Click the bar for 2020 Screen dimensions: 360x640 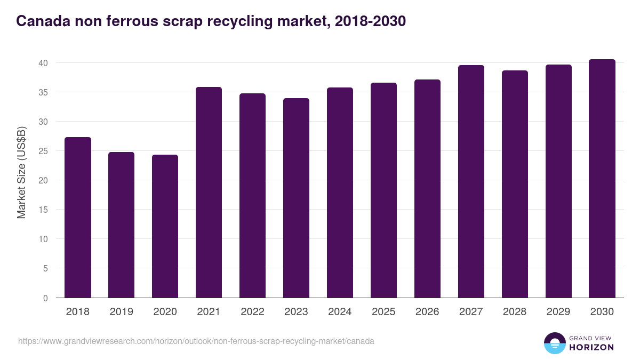[x=165, y=226]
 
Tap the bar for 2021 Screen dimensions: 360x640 [x=209, y=193]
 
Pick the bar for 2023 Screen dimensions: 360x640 [x=297, y=198]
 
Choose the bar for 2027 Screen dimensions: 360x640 [x=471, y=181]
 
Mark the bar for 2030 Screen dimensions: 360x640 [x=602, y=179]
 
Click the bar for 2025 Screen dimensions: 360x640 [x=384, y=190]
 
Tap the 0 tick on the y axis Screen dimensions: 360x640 [x=45, y=298]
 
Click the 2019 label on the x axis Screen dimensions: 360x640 [x=122, y=312]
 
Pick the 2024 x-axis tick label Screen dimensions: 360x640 [x=340, y=312]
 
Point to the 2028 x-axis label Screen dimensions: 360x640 [x=515, y=312]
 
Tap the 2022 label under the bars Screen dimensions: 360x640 [x=253, y=312]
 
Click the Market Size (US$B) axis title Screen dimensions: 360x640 [x=22, y=172]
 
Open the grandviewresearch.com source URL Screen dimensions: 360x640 [x=196, y=341]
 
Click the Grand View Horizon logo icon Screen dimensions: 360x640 [x=555, y=343]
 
